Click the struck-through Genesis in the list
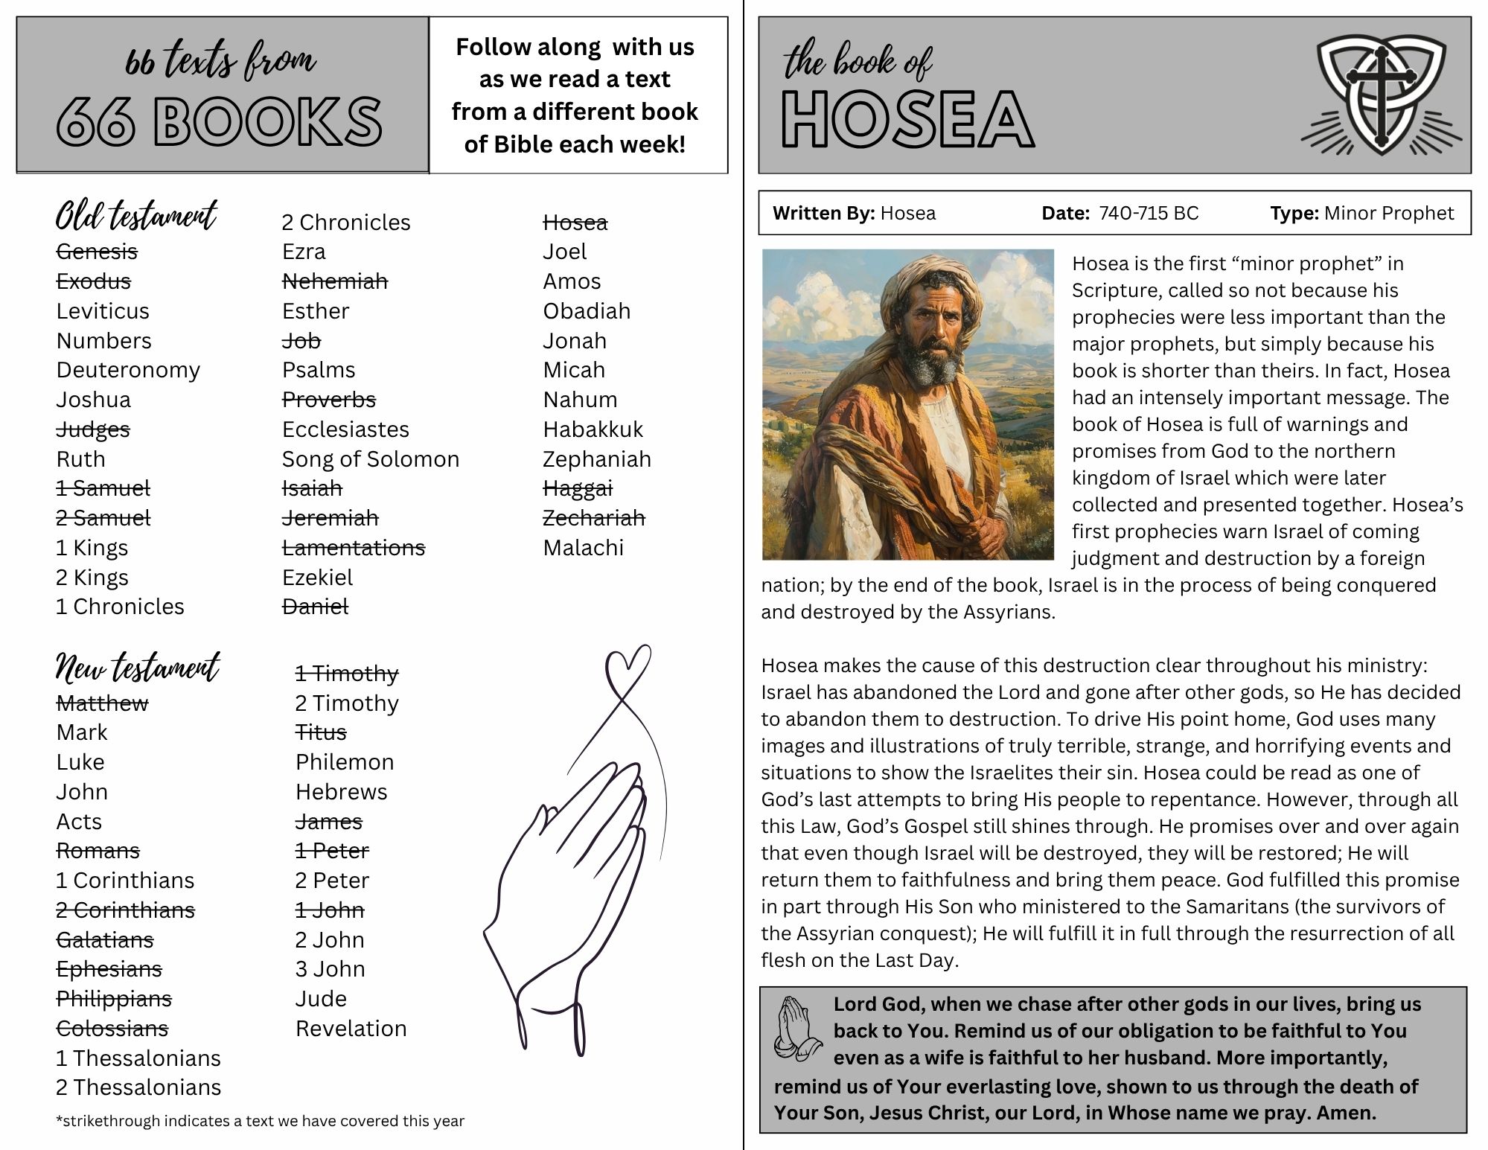point(97,252)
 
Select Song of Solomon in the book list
point(370,459)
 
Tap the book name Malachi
point(583,548)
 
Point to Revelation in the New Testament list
point(351,1029)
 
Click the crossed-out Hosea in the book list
point(575,223)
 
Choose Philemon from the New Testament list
point(344,762)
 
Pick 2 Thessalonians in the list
point(138,1087)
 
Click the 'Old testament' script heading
point(136,217)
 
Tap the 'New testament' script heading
point(138,668)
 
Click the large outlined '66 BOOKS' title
point(220,121)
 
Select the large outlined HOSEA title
point(907,120)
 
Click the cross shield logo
point(1381,97)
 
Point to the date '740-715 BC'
point(1149,214)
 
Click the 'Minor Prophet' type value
point(1388,214)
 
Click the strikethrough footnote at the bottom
point(260,1121)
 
